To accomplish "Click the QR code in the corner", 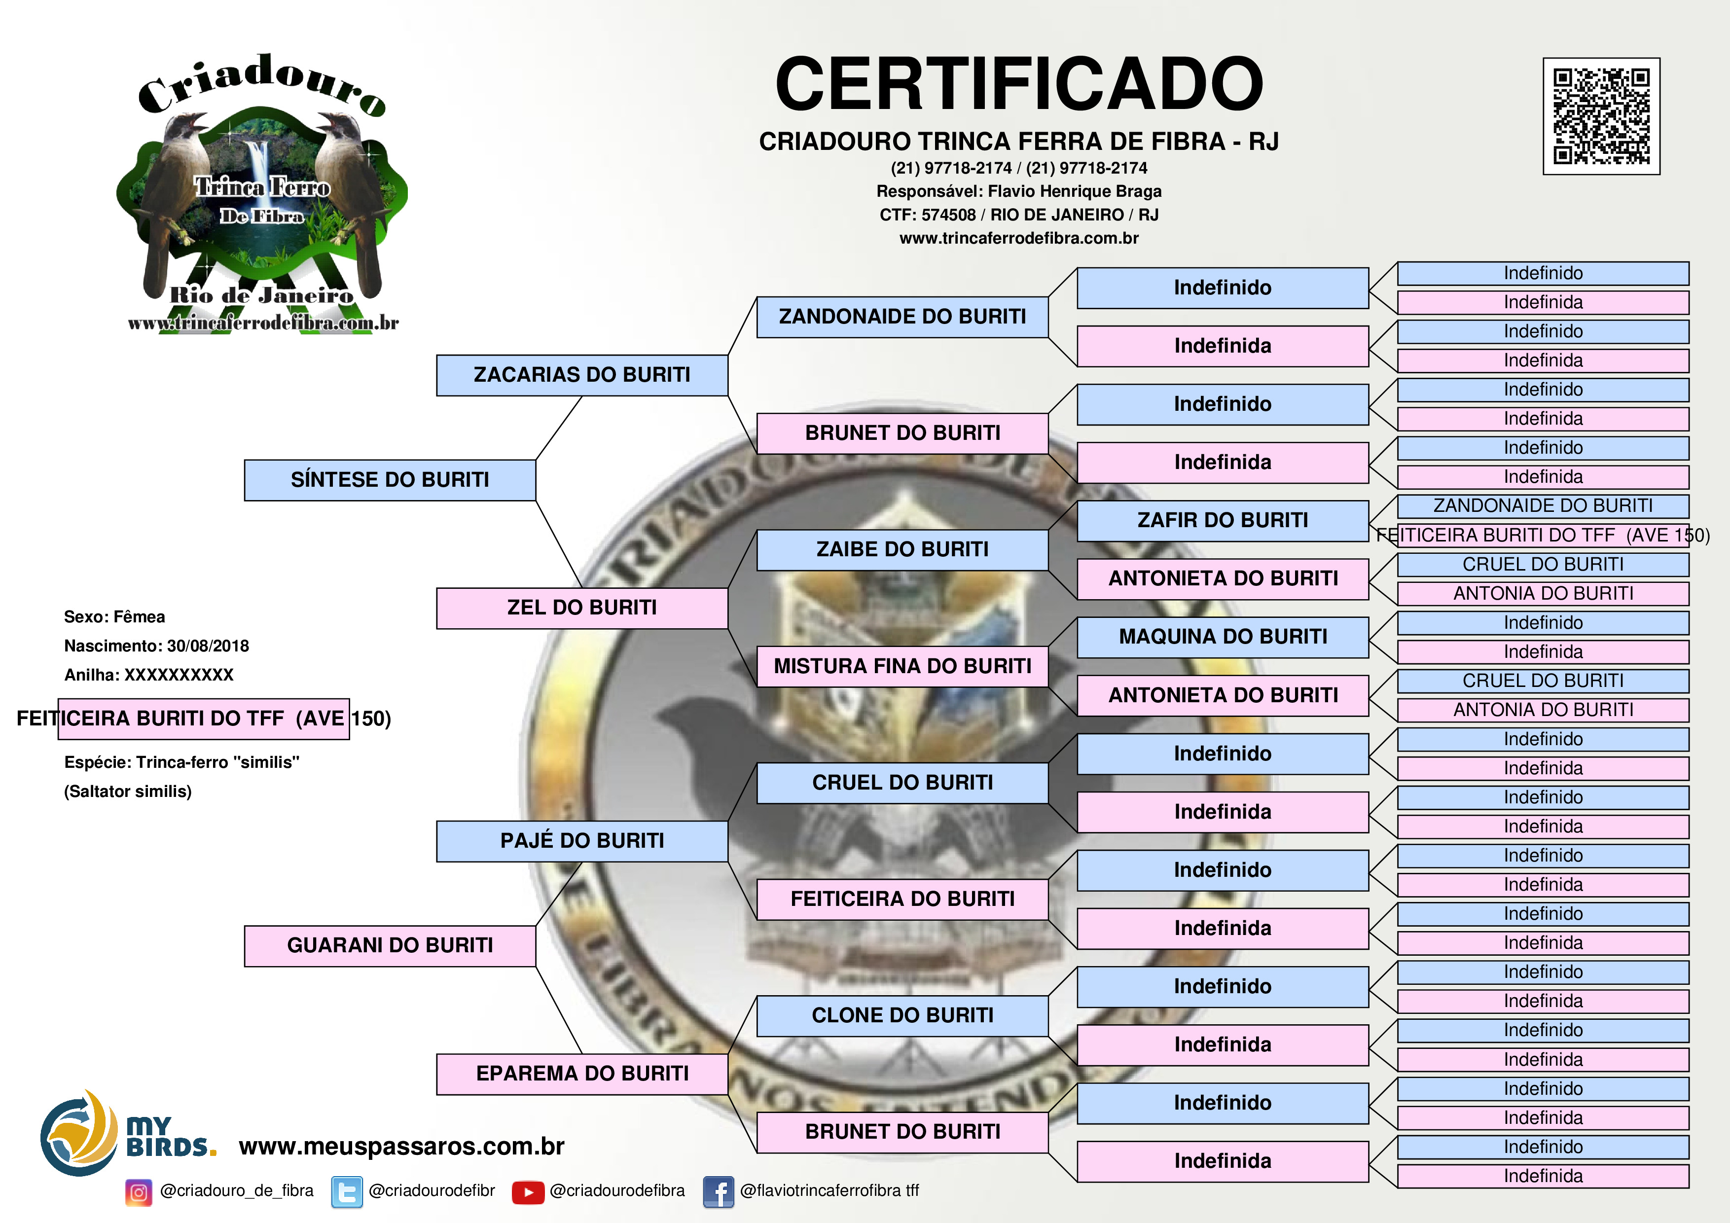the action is [x=1601, y=116].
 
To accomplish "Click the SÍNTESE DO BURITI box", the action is [x=390, y=480].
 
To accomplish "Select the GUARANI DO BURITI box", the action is [x=390, y=946].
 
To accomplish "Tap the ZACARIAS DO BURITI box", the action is [x=582, y=375].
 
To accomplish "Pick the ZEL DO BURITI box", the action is [x=582, y=608].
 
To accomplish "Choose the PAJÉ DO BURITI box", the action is [x=582, y=841].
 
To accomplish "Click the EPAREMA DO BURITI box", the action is [x=582, y=1074].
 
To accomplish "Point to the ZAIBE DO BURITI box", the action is [x=902, y=550].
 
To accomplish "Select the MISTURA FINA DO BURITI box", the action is [x=902, y=666].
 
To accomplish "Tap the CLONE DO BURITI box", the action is [x=902, y=1016].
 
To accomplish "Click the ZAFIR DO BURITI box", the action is [x=1222, y=521].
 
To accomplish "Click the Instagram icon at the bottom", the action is [x=139, y=1192].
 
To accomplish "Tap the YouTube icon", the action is [x=528, y=1192].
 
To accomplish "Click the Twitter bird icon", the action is [x=347, y=1192].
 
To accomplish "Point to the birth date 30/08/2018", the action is [x=208, y=646].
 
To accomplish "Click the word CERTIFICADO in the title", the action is [x=1019, y=84].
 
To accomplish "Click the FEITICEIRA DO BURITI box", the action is [x=902, y=899].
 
